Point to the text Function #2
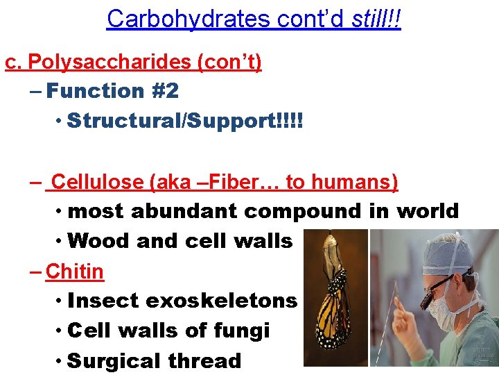(113, 90)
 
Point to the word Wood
(100, 241)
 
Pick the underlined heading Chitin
(74, 272)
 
